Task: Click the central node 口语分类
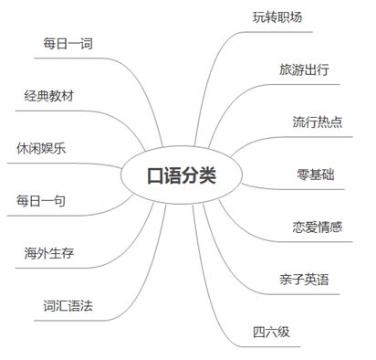(x=183, y=175)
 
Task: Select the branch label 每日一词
(x=68, y=44)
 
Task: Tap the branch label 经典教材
(x=49, y=96)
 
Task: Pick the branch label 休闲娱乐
(x=41, y=148)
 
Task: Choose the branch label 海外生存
(x=49, y=252)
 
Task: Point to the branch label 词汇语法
(x=68, y=304)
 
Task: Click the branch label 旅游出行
(x=305, y=69)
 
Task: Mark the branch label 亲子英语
(x=305, y=278)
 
